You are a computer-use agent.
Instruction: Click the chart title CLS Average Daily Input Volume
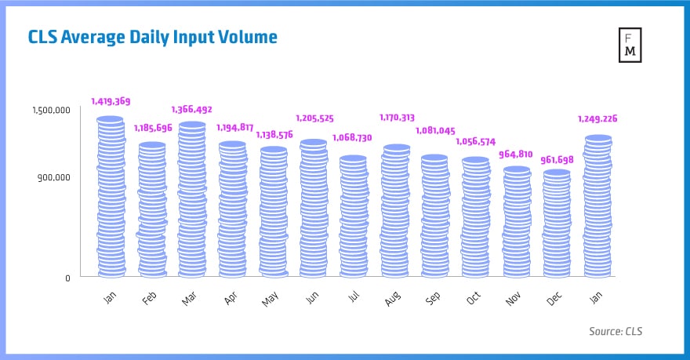(x=153, y=37)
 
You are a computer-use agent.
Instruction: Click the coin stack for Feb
(x=151, y=210)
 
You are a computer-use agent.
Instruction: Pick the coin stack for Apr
(x=232, y=210)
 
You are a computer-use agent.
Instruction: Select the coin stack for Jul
(x=353, y=217)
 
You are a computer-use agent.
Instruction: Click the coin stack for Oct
(x=475, y=218)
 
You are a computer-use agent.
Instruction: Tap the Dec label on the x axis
(x=555, y=299)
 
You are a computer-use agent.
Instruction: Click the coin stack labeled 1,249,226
(x=597, y=207)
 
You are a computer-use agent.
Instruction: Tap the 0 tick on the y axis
(x=67, y=278)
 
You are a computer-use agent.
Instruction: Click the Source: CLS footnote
(x=616, y=332)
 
